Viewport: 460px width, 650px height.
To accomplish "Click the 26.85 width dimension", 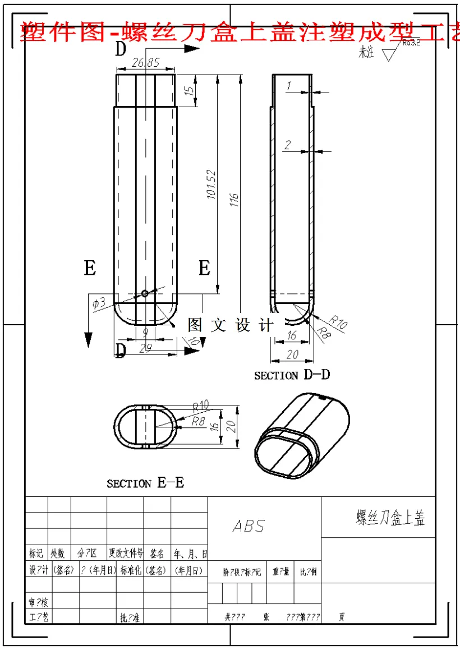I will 145,63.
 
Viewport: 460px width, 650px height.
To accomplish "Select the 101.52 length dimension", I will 211,185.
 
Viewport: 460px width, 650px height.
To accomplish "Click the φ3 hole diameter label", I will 98,303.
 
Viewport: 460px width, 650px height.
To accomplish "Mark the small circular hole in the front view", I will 145,293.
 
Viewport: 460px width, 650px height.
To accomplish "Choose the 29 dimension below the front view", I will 145,348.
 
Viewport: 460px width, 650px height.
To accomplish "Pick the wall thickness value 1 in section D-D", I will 288,86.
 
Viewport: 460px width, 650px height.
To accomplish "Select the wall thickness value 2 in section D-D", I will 287,145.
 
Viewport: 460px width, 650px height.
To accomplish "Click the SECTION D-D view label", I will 292,375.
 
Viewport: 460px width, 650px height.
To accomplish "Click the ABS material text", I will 249,526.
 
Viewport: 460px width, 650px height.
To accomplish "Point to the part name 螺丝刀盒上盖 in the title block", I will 390,518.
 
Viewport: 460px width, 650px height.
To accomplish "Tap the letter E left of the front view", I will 90,268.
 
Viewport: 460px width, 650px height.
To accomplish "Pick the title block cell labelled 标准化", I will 130,570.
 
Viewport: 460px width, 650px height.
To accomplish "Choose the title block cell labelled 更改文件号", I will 126,554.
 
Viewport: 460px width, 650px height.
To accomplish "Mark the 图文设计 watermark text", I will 231,325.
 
